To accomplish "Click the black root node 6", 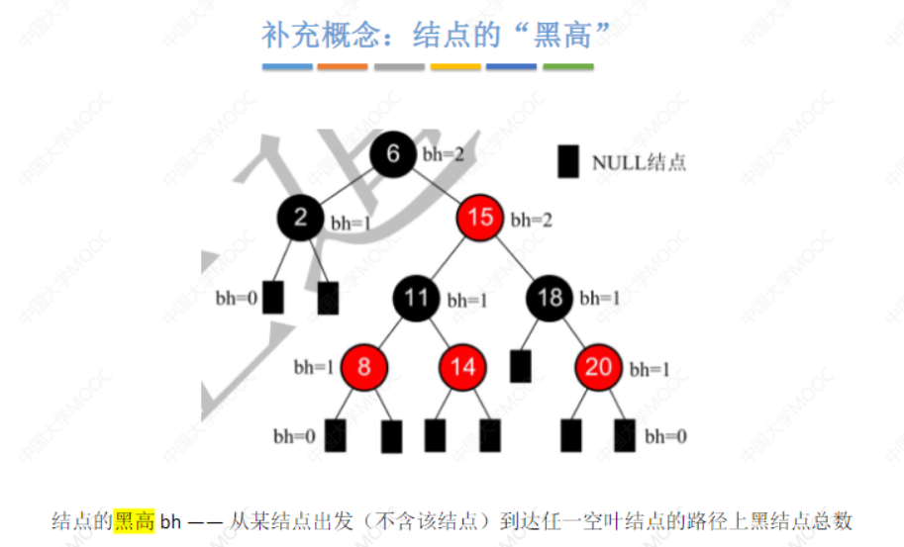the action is pos(393,154).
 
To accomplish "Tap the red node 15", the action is pos(480,217).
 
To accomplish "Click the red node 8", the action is pos(363,367).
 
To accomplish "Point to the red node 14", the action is pos(463,367).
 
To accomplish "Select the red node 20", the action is pos(599,367).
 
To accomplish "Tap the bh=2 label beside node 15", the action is pos(531,220).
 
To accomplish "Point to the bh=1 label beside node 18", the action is pos(600,298).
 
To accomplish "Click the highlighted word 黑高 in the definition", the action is pos(135,520).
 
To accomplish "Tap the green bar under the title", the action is pos(568,67).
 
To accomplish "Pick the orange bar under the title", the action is pos(343,67).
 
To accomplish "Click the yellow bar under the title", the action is pos(455,67).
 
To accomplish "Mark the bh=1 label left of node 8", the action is pos(314,367).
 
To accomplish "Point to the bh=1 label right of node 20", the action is pos(651,369).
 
